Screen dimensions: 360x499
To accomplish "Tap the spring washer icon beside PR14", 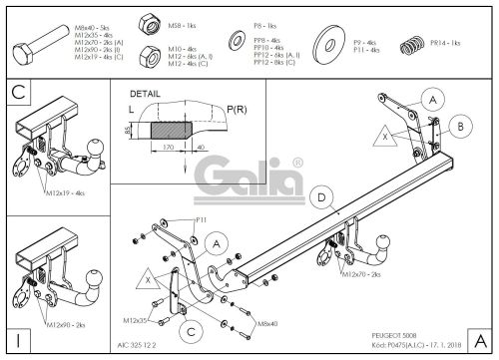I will [407, 45].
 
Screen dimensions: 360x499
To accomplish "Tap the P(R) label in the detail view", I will [237, 108].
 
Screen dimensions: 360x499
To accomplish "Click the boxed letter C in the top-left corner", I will [17, 93].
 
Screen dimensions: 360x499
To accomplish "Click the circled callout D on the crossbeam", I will [320, 198].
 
